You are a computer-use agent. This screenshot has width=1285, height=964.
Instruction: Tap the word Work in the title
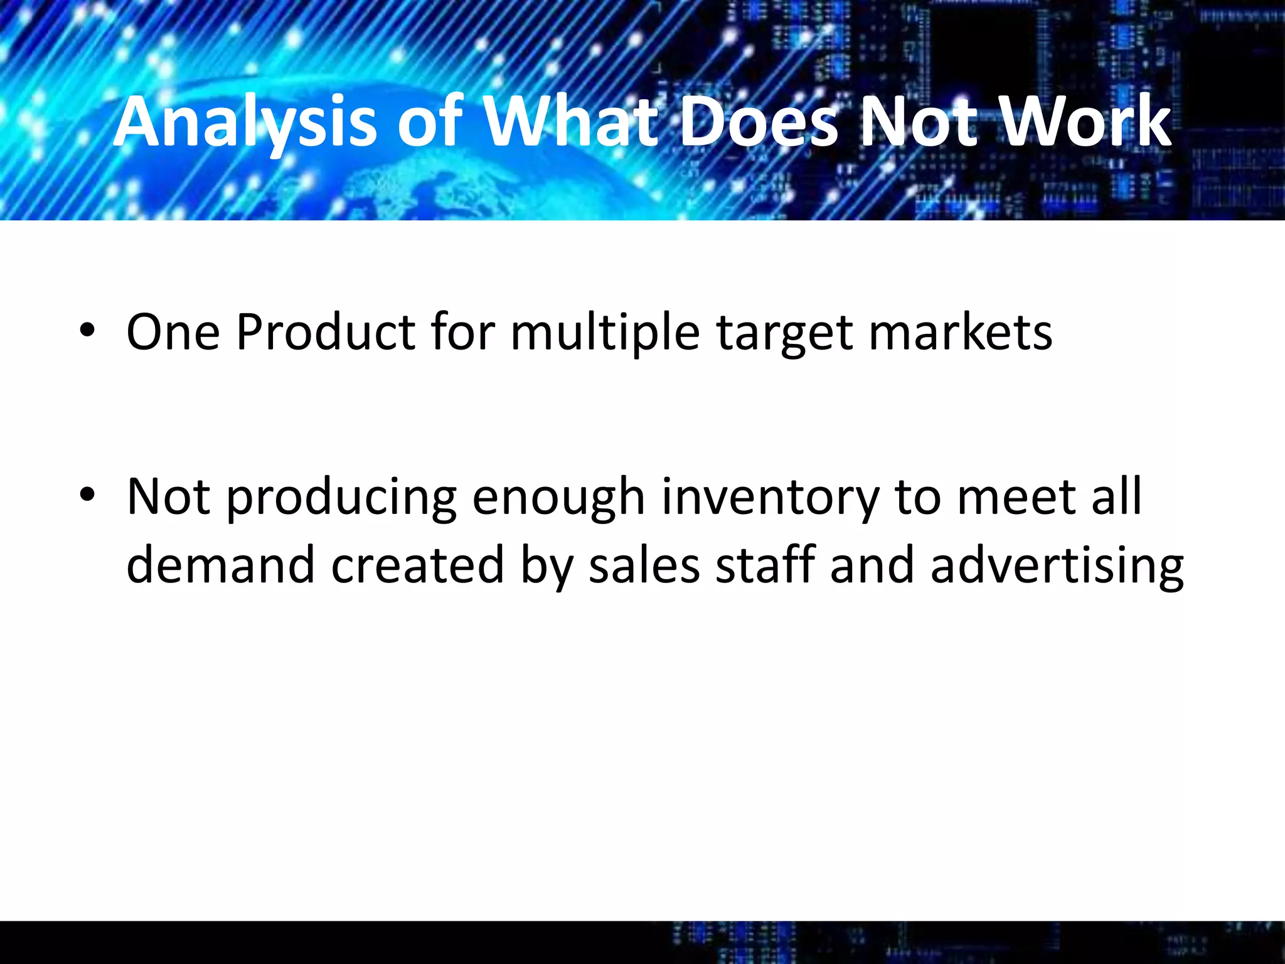(x=1085, y=122)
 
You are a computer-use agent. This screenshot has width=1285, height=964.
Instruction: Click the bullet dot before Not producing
(x=87, y=495)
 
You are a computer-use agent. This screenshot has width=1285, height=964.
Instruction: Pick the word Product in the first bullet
(x=325, y=332)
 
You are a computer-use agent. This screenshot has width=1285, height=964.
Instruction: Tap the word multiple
(x=605, y=332)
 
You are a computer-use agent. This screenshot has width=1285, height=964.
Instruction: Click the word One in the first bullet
(x=173, y=332)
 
